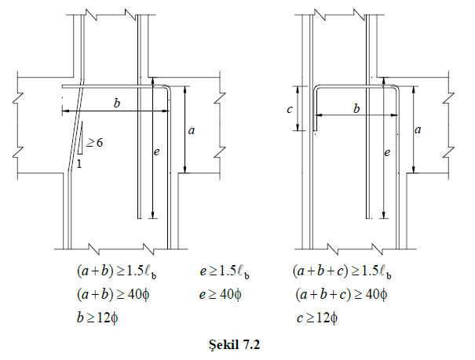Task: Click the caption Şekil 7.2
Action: point(234,344)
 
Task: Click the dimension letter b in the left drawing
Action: point(117,104)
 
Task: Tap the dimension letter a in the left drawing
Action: point(191,130)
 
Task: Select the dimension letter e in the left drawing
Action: point(156,151)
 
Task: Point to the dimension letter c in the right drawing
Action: point(290,109)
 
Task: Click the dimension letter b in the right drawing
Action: point(356,108)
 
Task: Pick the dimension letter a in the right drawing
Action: point(418,129)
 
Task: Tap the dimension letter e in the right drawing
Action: point(387,152)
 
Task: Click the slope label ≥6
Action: point(94,142)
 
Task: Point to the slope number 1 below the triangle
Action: point(79,164)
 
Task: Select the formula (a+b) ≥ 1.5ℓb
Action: point(117,271)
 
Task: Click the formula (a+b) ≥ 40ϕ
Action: point(113,294)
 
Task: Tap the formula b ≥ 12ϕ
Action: point(97,318)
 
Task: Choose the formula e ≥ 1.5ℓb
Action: point(225,271)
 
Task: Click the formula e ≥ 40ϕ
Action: point(221,294)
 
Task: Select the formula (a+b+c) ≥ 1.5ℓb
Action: point(342,271)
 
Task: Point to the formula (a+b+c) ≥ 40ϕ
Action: point(342,294)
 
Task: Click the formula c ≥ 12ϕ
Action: point(317,318)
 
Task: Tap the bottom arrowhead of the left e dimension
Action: point(153,215)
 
